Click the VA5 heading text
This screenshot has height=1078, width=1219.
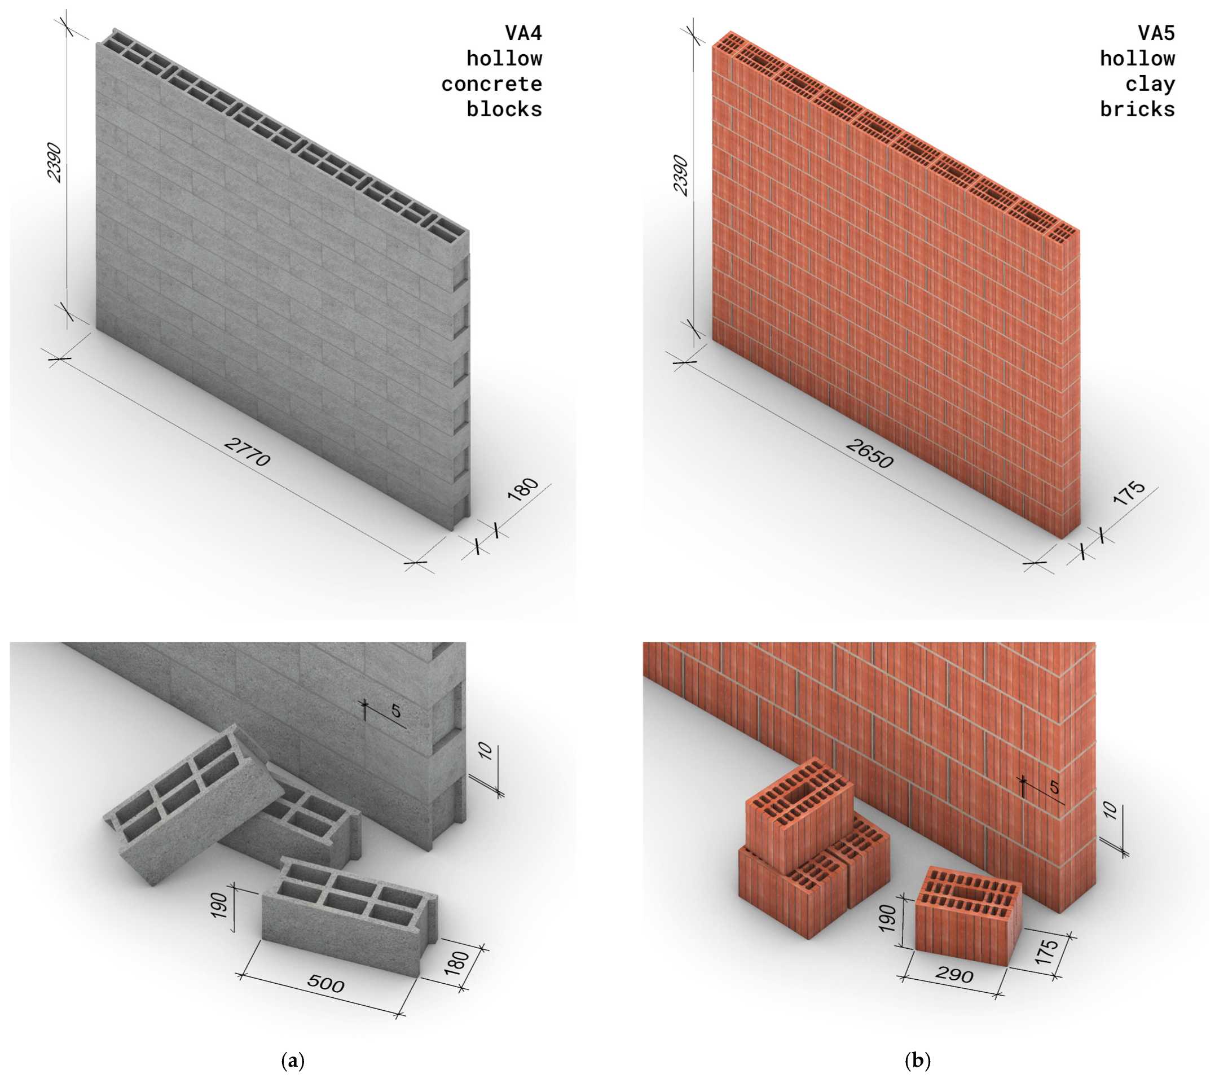(1156, 33)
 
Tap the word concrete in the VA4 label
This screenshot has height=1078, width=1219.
(491, 84)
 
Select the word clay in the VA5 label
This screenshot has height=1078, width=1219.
(1150, 84)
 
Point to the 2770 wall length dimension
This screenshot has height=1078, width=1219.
(247, 452)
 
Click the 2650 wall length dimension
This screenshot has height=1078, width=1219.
(869, 453)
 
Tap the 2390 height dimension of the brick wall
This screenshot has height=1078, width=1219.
(680, 175)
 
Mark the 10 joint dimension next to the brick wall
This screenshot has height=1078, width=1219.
(1110, 810)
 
